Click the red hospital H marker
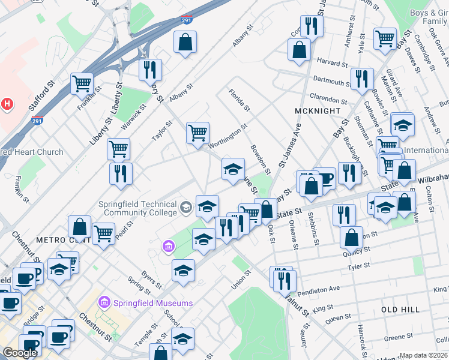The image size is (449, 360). [x=7, y=104]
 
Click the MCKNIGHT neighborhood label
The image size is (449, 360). [x=318, y=111]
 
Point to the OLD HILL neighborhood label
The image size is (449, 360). [x=400, y=309]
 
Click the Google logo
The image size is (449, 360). [x=20, y=353]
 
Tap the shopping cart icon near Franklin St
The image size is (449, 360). [x=82, y=84]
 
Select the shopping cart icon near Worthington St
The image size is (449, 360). [x=197, y=133]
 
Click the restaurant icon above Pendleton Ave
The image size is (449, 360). [x=284, y=279]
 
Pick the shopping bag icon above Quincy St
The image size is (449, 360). [x=351, y=237]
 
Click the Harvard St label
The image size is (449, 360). [x=333, y=63]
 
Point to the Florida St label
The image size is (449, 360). [x=238, y=100]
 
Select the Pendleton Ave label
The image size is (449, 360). [x=324, y=290]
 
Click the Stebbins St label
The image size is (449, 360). [x=311, y=223]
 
